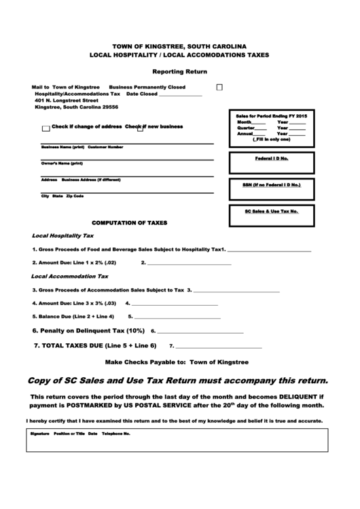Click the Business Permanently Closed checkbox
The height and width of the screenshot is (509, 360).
(x=219, y=88)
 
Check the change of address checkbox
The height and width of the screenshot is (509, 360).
(x=46, y=128)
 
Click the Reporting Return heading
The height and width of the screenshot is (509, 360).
(x=179, y=71)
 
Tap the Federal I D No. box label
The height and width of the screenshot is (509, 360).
(x=271, y=158)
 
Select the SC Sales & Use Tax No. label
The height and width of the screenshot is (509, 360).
(x=271, y=211)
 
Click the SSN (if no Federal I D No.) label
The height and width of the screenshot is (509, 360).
(x=271, y=184)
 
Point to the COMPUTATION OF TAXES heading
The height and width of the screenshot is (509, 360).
(x=129, y=223)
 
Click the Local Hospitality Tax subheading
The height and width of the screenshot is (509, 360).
(x=63, y=236)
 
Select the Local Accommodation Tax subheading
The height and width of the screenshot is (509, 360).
(x=70, y=277)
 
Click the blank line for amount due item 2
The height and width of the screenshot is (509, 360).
(x=190, y=264)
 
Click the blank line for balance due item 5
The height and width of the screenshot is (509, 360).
(x=177, y=317)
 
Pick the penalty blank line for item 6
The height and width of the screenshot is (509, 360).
(x=201, y=332)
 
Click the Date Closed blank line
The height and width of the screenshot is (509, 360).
(x=180, y=95)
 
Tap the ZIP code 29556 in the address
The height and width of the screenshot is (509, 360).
(x=108, y=107)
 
